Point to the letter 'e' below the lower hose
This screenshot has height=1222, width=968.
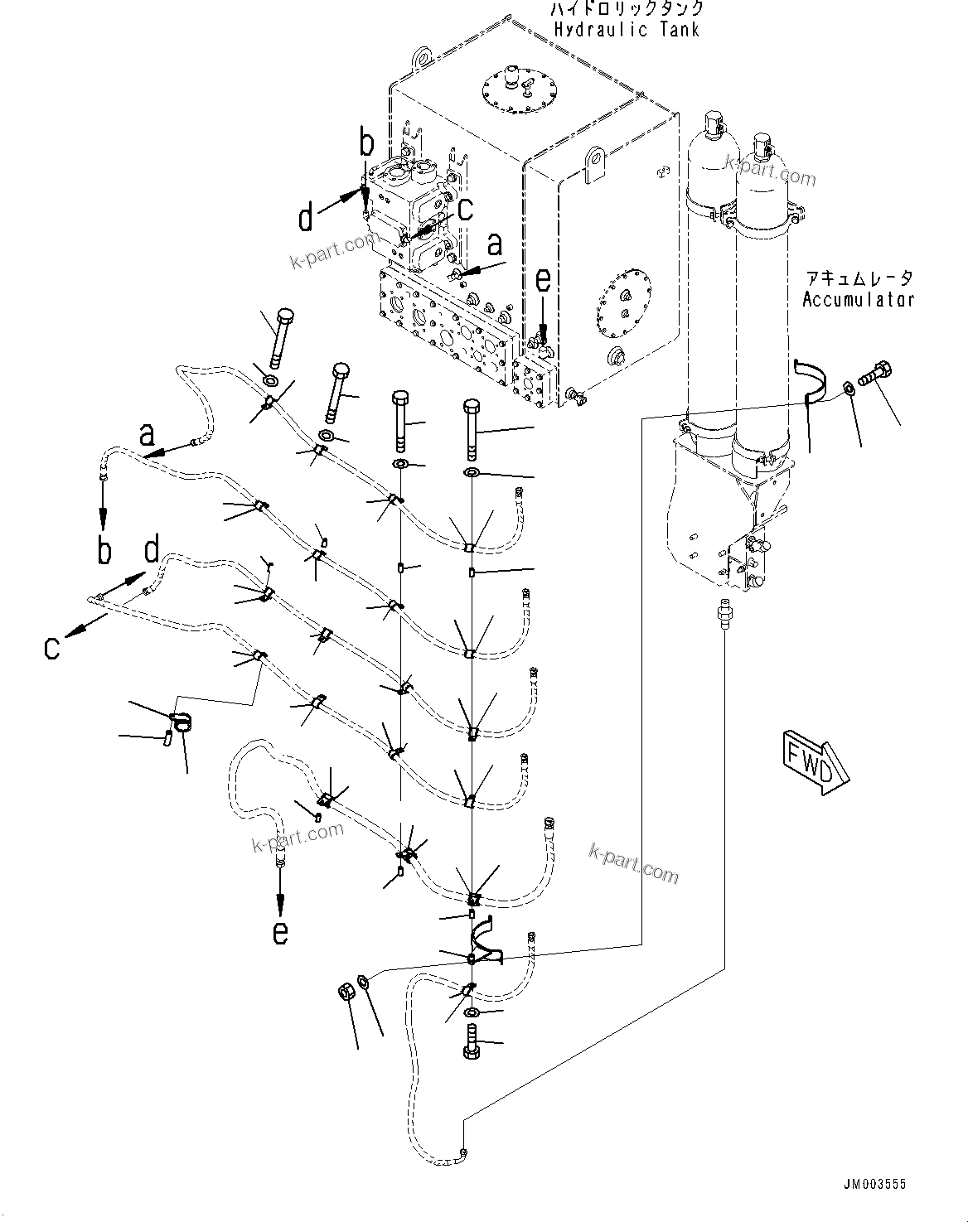281,933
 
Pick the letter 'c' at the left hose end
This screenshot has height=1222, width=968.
52,648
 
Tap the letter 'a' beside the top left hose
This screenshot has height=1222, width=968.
147,432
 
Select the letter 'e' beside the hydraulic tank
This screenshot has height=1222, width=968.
542,283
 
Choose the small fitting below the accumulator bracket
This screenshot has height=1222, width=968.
724,613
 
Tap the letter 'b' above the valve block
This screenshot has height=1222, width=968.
367,143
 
